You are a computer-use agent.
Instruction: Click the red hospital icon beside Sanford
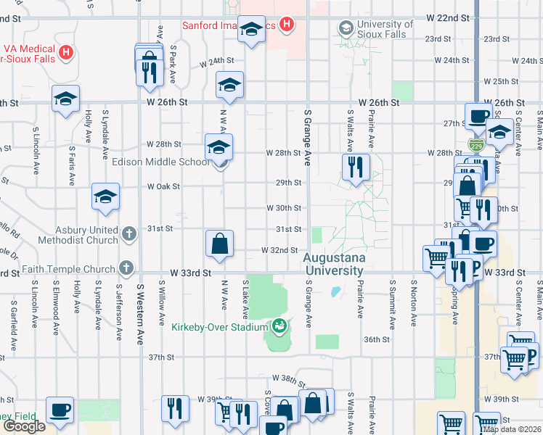point(287,25)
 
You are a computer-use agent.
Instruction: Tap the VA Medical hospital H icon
point(66,52)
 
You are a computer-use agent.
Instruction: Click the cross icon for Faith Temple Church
point(128,268)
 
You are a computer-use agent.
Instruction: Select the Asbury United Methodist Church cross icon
point(128,233)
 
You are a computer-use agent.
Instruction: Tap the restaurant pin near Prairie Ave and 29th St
point(356,167)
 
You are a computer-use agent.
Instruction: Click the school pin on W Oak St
point(105,197)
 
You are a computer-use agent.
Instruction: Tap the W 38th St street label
point(285,378)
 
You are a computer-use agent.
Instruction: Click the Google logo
point(25,426)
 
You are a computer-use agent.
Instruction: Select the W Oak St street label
point(163,186)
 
